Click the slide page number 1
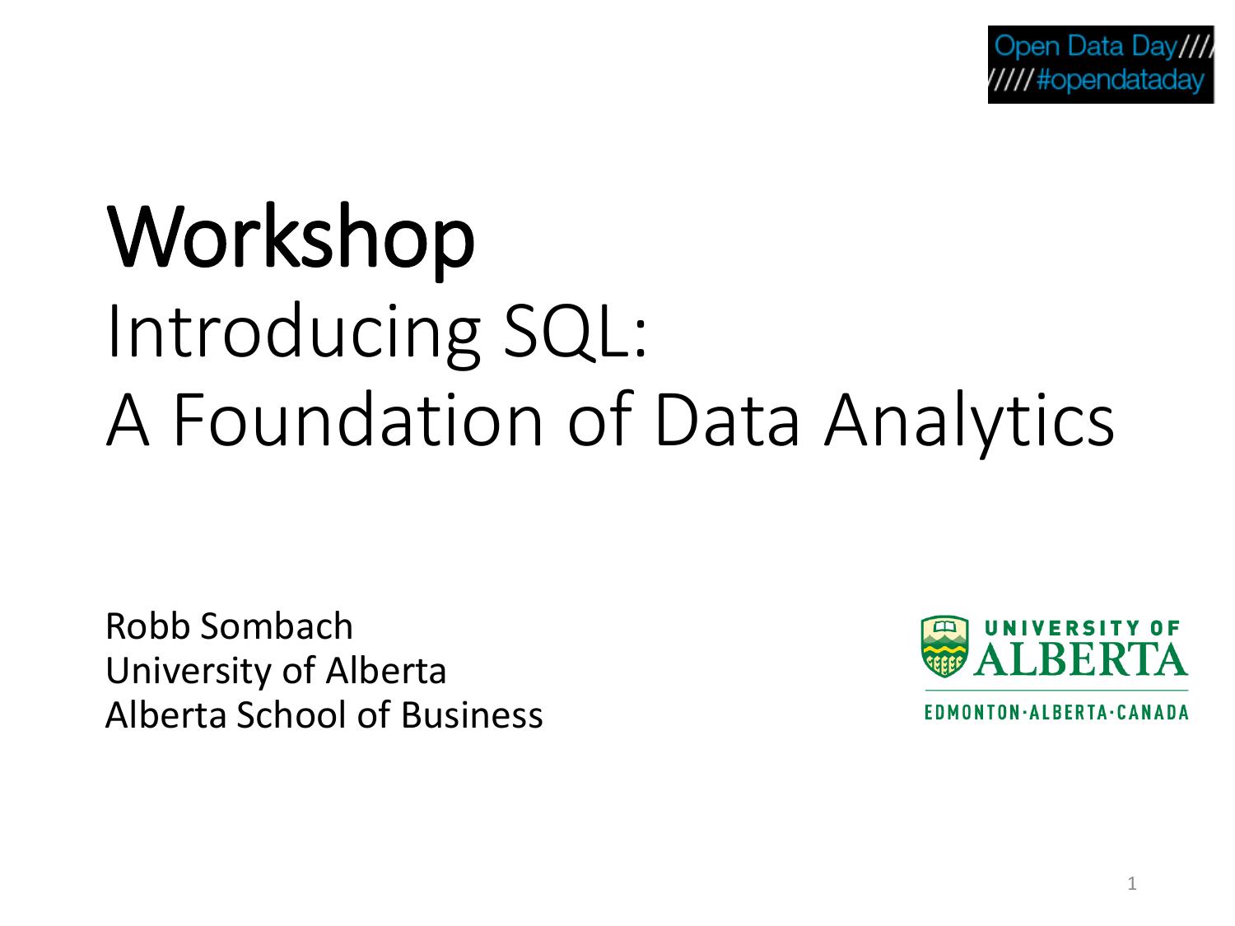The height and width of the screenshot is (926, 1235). tap(1132, 884)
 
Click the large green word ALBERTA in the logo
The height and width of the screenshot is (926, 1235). tap(1080, 658)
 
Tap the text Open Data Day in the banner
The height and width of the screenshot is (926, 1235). tap(1084, 46)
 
